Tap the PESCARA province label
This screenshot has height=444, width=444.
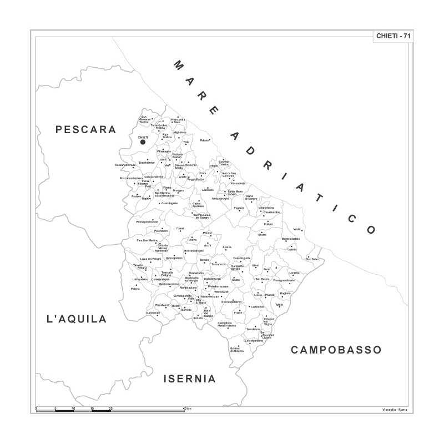(x=86, y=130)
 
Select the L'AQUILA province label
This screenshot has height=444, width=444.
(x=77, y=319)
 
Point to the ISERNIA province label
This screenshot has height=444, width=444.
(x=189, y=379)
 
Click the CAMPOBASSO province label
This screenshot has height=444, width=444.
(x=336, y=350)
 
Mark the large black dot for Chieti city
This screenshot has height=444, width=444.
(x=143, y=142)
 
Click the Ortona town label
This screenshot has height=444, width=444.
(x=204, y=140)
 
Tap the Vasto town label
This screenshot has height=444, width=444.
(x=297, y=229)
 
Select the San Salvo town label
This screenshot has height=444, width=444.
(x=312, y=259)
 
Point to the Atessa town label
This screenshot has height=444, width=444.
(x=227, y=247)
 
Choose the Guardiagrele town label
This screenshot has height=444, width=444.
(x=169, y=203)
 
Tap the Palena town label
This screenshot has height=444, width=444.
(x=135, y=289)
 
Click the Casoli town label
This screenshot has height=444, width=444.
(x=180, y=229)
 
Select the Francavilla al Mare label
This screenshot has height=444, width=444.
(x=178, y=120)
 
